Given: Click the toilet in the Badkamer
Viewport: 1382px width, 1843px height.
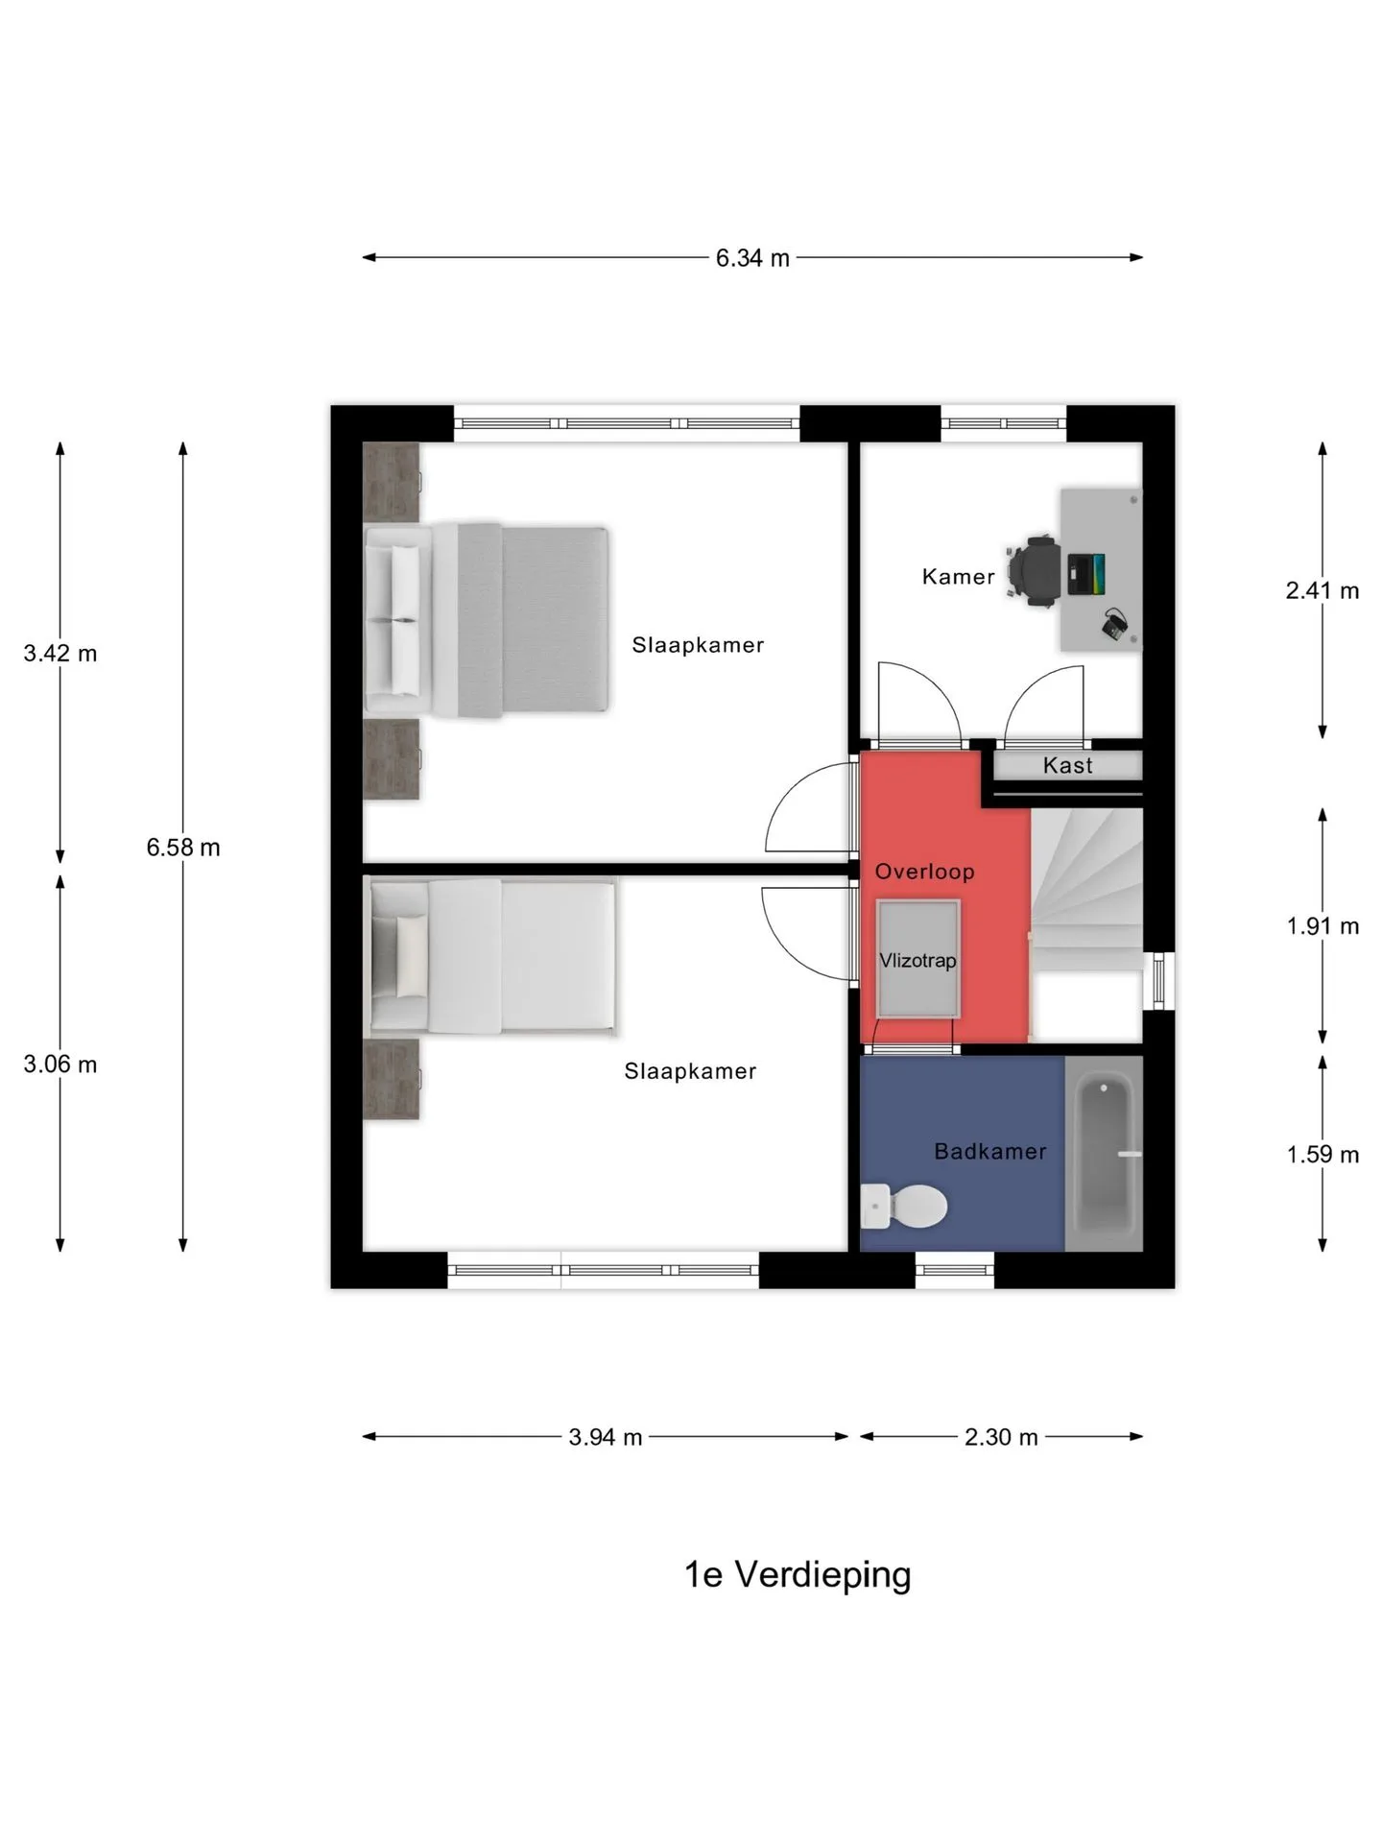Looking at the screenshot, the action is (x=903, y=1207).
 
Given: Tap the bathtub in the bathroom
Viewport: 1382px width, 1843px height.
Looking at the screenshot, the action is (x=1105, y=1154).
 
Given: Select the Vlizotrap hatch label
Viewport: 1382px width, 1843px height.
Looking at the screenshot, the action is (x=917, y=960).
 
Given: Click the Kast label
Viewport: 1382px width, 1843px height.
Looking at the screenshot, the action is (x=1067, y=765).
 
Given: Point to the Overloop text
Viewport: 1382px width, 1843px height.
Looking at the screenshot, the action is (x=924, y=872).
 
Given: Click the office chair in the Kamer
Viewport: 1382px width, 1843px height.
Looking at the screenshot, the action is (x=1035, y=571).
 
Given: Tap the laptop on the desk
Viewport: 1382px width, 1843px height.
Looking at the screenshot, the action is (x=1086, y=573).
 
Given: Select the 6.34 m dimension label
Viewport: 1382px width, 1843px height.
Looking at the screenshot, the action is (x=752, y=258).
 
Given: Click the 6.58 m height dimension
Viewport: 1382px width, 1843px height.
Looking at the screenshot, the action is (x=183, y=848).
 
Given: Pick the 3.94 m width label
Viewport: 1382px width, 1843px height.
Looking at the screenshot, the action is (x=606, y=1437).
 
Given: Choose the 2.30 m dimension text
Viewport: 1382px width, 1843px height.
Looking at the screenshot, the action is (x=1001, y=1437).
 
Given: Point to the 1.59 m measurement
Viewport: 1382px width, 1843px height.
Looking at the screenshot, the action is (x=1322, y=1155).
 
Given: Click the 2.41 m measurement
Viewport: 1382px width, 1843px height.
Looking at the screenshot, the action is (x=1322, y=590).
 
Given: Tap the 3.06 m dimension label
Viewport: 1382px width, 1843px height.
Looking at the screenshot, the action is (x=60, y=1065).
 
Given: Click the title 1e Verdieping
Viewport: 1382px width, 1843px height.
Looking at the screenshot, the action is (x=798, y=1575).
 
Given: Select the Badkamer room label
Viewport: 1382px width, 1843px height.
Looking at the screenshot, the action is (x=990, y=1151).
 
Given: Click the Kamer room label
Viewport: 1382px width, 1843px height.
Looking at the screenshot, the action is (x=958, y=576).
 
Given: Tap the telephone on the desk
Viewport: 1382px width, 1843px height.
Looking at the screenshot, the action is (x=1114, y=624).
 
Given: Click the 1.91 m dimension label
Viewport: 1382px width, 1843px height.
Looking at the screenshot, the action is (x=1322, y=926).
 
